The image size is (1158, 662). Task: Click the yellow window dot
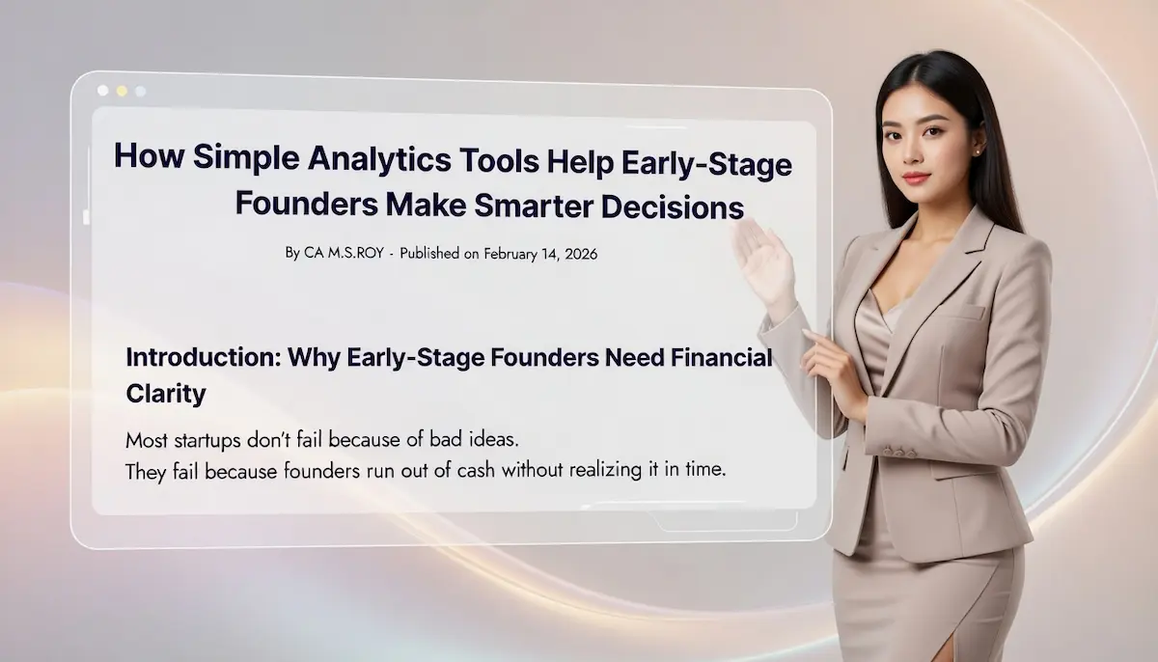click(122, 91)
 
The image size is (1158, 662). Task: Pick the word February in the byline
click(513, 254)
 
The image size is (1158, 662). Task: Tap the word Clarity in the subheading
click(166, 394)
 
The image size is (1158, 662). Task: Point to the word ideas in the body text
click(492, 440)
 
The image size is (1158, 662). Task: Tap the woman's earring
click(977, 152)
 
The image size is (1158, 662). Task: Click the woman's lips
click(916, 178)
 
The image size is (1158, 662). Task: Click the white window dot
click(103, 91)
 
